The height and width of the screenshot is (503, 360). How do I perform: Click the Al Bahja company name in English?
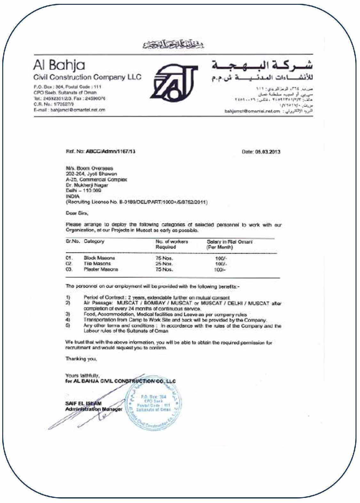click(x=59, y=65)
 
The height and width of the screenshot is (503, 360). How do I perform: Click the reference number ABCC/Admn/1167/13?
click(x=110, y=152)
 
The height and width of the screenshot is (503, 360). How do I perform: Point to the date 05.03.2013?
click(x=261, y=152)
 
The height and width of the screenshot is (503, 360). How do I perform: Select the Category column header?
click(x=94, y=241)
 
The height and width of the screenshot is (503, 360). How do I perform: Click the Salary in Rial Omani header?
click(x=229, y=242)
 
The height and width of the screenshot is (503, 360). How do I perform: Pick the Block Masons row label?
click(x=99, y=258)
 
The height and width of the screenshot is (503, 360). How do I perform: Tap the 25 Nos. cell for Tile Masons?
click(x=164, y=264)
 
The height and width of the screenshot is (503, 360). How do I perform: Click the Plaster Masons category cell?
click(x=101, y=270)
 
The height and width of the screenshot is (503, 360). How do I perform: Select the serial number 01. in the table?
click(x=69, y=258)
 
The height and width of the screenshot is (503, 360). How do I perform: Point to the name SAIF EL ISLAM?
click(x=83, y=404)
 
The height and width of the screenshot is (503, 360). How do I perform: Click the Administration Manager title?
click(x=93, y=409)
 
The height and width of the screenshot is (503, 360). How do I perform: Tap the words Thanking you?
click(x=81, y=359)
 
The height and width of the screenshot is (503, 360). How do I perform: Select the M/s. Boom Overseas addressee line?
click(x=89, y=168)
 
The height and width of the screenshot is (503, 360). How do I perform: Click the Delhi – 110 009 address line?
click(x=84, y=191)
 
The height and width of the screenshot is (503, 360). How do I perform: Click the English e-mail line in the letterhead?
click(x=69, y=110)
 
